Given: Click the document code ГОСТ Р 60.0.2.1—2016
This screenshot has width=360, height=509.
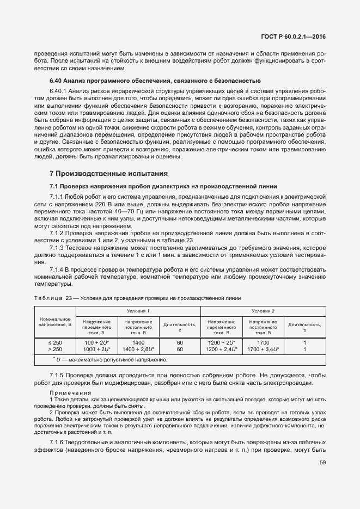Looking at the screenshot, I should click(x=294, y=38).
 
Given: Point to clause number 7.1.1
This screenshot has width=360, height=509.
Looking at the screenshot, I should click(x=57, y=196).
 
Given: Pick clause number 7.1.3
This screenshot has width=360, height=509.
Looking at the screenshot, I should click(x=57, y=248).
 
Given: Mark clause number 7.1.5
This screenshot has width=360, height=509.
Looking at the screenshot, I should click(x=57, y=376).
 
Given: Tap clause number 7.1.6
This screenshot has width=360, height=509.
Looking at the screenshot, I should click(x=57, y=441).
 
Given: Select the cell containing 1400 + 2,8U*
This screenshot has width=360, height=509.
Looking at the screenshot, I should click(x=138, y=349).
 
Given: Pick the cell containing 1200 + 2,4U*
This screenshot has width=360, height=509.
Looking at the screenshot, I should click(x=221, y=349).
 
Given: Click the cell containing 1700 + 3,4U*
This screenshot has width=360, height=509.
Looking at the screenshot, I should click(x=263, y=349).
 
